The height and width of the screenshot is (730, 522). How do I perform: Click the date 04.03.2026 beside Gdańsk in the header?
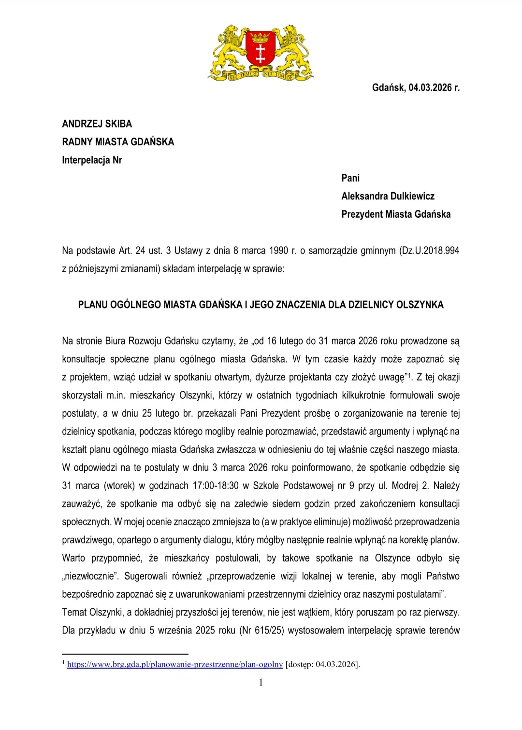pyautogui.click(x=430, y=87)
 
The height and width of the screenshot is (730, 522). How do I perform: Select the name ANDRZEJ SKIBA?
pyautogui.click(x=97, y=124)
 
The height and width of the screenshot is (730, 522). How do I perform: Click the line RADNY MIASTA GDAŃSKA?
pyautogui.click(x=118, y=142)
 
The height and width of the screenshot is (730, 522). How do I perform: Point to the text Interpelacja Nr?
pyautogui.click(x=92, y=160)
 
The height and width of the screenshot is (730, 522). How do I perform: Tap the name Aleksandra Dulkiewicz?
pyautogui.click(x=388, y=196)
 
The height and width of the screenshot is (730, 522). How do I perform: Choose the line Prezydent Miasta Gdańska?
pyautogui.click(x=396, y=214)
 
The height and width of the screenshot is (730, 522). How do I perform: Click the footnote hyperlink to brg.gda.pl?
pyautogui.click(x=174, y=664)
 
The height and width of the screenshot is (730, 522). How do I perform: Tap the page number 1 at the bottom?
pyautogui.click(x=261, y=682)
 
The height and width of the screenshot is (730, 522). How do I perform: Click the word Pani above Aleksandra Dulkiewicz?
pyautogui.click(x=350, y=178)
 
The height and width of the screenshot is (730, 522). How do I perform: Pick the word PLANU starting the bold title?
pyautogui.click(x=93, y=305)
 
